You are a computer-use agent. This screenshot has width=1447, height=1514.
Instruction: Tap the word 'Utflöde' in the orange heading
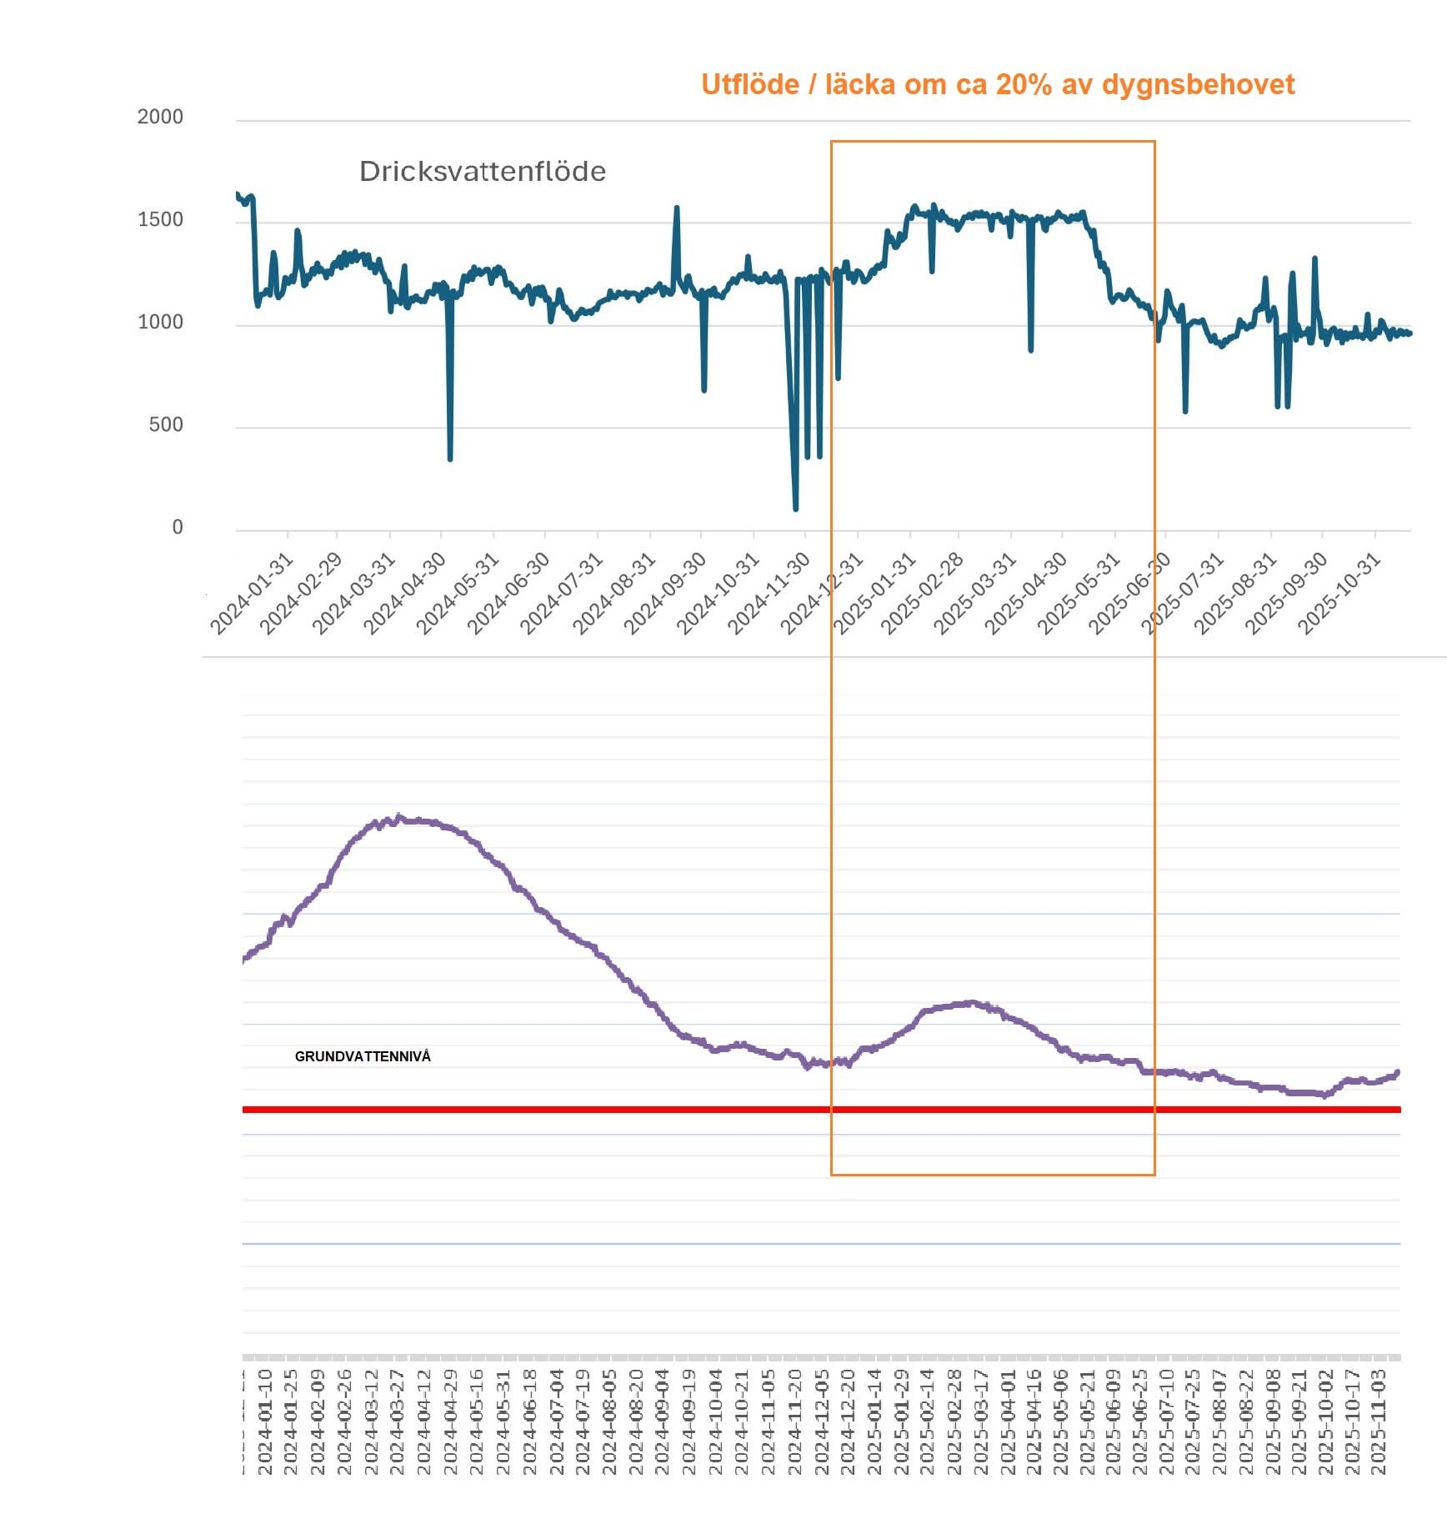coord(749,84)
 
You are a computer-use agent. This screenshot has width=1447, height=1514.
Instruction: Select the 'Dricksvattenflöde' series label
coord(482,172)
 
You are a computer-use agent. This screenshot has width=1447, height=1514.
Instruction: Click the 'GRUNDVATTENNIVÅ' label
coord(363,1056)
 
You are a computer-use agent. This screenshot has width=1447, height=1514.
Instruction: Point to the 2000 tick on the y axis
coord(160,117)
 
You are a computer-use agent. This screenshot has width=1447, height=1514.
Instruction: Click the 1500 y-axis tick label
coord(160,220)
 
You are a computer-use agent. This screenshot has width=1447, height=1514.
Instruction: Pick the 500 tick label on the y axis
coord(165,425)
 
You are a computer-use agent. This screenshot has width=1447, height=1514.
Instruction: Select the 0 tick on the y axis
coord(177,528)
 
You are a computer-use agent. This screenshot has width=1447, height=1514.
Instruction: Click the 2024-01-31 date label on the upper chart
coord(252,594)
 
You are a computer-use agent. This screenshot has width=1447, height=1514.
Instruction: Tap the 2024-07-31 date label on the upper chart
coord(562,594)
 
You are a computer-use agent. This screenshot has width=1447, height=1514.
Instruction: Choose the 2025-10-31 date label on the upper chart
coord(1339,594)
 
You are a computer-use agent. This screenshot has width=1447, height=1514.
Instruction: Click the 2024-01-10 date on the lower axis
coord(265,1421)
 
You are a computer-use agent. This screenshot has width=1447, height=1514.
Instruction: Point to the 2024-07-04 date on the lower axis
coord(557,1421)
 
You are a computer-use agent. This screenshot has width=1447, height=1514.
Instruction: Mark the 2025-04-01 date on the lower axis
coord(1008,1421)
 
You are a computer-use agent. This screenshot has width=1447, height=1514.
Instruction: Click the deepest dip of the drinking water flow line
coord(796,508)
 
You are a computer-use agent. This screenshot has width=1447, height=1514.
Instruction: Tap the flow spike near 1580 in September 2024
coord(676,208)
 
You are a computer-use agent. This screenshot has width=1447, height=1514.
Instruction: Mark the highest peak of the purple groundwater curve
coord(399,817)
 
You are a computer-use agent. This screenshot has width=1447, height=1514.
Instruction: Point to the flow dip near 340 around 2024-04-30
coord(450,458)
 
